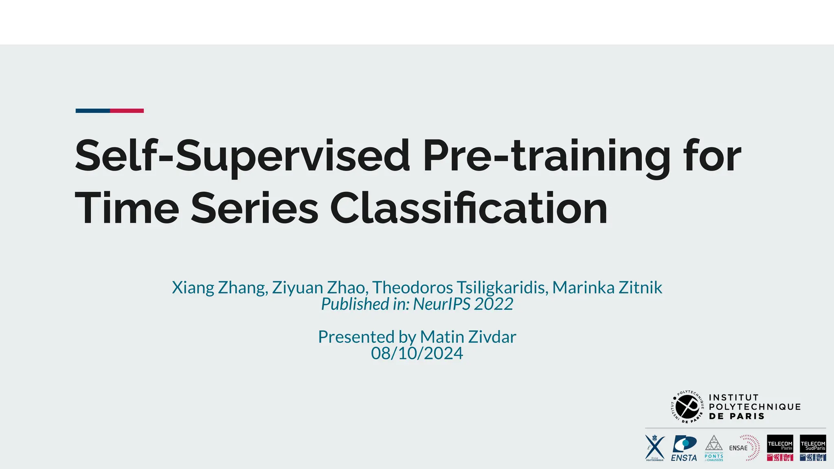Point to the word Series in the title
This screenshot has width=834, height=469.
(x=255, y=208)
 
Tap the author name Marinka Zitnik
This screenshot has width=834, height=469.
(x=607, y=287)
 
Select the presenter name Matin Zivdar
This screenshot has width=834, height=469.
(x=468, y=337)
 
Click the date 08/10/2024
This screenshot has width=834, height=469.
(x=417, y=353)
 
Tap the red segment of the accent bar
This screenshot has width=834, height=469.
(x=127, y=111)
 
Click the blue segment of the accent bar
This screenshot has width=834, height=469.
(x=93, y=111)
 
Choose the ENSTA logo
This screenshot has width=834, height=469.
(x=684, y=448)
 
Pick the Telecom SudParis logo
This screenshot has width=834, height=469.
(x=813, y=448)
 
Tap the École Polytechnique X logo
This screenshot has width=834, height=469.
(x=655, y=448)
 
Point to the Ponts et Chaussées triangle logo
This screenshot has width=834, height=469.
(x=714, y=448)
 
